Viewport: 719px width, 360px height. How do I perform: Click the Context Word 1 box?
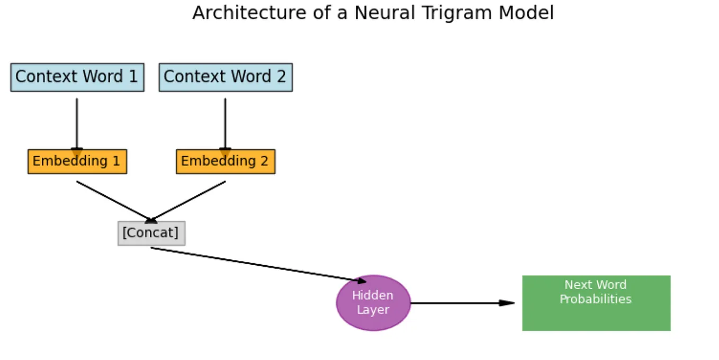(77, 77)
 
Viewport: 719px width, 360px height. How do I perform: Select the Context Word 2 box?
(226, 77)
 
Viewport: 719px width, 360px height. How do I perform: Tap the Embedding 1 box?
(77, 161)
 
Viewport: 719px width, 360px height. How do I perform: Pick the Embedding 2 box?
(226, 161)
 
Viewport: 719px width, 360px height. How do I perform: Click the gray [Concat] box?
(151, 233)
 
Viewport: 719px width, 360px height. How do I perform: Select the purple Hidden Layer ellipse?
(373, 303)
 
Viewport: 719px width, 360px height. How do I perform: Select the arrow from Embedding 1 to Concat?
(114, 201)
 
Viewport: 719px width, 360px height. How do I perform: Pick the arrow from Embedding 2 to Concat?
(188, 201)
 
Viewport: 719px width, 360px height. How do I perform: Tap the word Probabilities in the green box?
(596, 299)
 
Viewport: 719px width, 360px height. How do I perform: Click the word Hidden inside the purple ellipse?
(373, 295)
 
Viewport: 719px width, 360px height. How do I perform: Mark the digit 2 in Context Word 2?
(281, 77)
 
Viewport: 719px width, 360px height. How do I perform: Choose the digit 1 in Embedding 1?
(116, 161)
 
